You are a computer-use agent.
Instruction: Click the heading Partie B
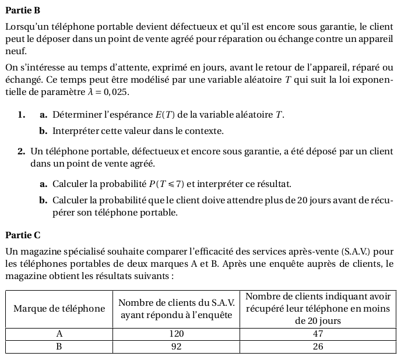[22, 10]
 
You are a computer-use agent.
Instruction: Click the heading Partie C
[22, 235]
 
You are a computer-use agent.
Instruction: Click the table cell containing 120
[177, 334]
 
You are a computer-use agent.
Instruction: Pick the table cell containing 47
[318, 334]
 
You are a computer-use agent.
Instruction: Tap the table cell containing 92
[177, 346]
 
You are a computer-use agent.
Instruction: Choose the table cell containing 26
[318, 346]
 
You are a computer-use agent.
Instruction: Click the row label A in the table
[59, 334]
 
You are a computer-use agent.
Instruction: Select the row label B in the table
[59, 346]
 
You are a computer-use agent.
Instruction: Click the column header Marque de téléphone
[59, 309]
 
